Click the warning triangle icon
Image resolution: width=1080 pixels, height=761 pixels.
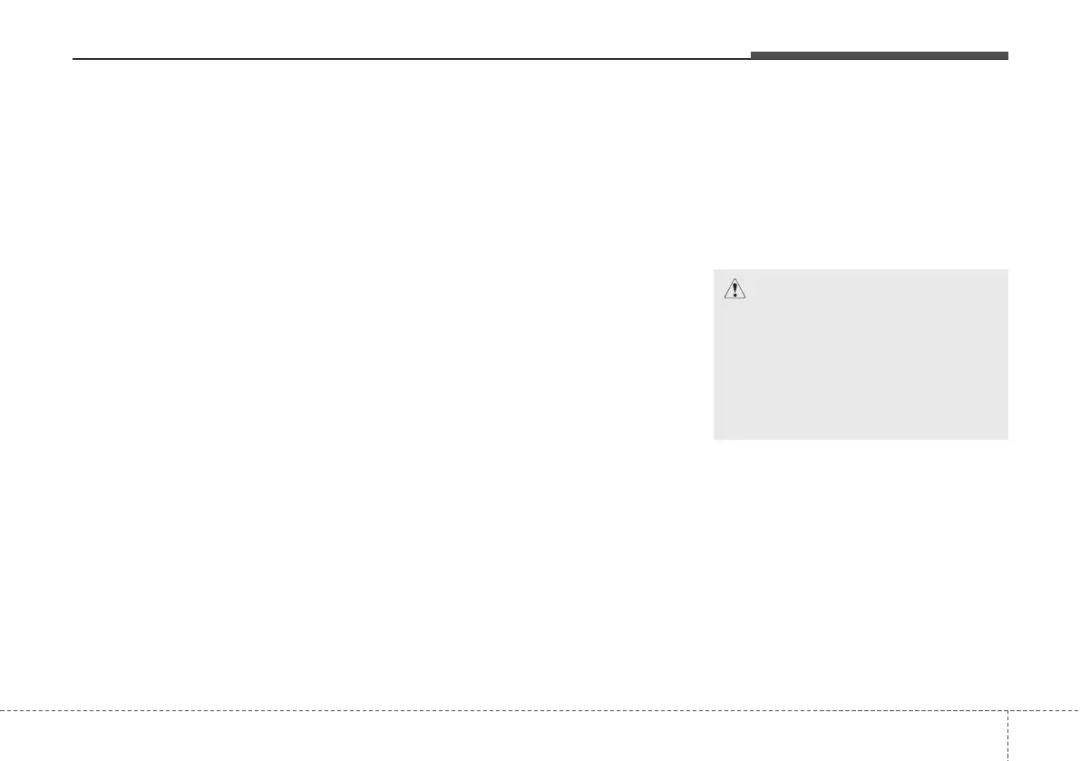pyautogui.click(x=735, y=289)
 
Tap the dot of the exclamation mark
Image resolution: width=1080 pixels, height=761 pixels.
pyautogui.click(x=735, y=295)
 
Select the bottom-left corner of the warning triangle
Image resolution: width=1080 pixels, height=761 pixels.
pyautogui.click(x=724, y=298)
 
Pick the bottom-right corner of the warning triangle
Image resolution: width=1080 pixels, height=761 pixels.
pyautogui.click(x=745, y=298)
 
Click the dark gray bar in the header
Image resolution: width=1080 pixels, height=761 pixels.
pyautogui.click(x=879, y=56)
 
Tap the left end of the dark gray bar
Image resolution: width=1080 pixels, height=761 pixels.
pyautogui.click(x=751, y=56)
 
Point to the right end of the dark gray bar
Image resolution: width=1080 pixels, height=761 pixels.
pyautogui.click(x=1007, y=56)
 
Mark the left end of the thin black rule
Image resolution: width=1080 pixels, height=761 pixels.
pyautogui.click(x=73, y=60)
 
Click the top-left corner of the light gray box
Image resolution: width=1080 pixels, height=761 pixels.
pyautogui.click(x=714, y=268)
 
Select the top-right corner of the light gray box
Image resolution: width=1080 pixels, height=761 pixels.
pyautogui.click(x=1007, y=268)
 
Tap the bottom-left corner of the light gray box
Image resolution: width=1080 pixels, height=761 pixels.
pyautogui.click(x=714, y=440)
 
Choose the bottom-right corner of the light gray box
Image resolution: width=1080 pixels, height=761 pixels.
pyautogui.click(x=1007, y=440)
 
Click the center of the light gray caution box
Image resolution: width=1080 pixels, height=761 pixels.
pyautogui.click(x=861, y=354)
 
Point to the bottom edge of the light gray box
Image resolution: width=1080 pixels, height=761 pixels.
pyautogui.click(x=861, y=440)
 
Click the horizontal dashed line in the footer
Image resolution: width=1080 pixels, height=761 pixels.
pyautogui.click(x=499, y=710)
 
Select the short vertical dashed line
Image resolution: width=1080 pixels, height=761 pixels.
pyautogui.click(x=1007, y=736)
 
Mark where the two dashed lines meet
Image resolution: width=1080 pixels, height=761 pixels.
pyautogui.click(x=1007, y=710)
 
